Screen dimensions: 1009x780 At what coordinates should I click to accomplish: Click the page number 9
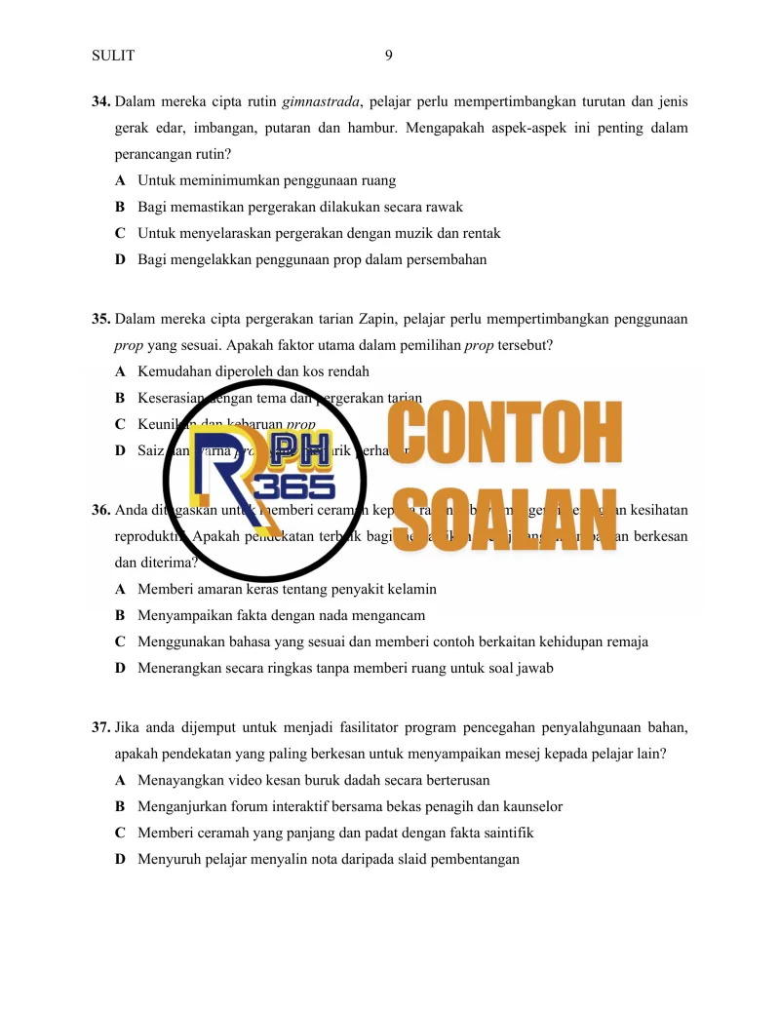pyautogui.click(x=389, y=56)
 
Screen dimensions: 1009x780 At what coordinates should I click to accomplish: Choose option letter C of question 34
pyautogui.click(x=119, y=233)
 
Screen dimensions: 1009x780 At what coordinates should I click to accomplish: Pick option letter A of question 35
pyautogui.click(x=119, y=371)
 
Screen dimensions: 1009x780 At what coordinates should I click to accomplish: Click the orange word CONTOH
pyautogui.click(x=504, y=435)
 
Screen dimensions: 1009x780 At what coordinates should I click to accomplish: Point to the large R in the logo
pyautogui.click(x=220, y=487)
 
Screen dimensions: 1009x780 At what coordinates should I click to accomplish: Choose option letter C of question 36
pyautogui.click(x=119, y=641)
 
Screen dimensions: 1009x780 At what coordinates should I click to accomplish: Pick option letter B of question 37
pyautogui.click(x=119, y=806)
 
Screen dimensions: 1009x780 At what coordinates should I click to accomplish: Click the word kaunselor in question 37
pyautogui.click(x=529, y=806)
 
